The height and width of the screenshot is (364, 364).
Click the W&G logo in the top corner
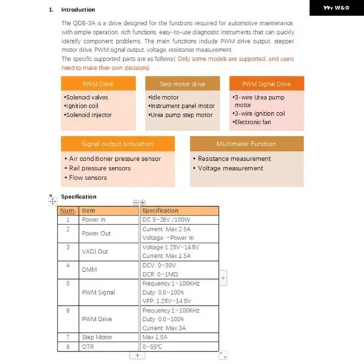pos(336,8)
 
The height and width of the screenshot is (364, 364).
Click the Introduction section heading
pos(78,10)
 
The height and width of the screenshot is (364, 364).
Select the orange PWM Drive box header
pos(98,84)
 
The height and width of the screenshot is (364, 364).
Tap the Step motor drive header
pos(182,84)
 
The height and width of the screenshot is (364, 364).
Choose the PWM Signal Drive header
pos(266,84)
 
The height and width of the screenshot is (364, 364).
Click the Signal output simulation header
pos(118,144)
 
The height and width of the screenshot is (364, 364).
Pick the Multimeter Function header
pos(246,144)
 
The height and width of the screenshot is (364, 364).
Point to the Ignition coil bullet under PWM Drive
pos(81,106)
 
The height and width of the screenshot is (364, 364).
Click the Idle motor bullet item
pos(164,97)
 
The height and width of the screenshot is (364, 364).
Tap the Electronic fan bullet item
pos(252,123)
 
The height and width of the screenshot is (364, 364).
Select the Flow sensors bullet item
pos(87,178)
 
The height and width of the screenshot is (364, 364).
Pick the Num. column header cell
pos(68,211)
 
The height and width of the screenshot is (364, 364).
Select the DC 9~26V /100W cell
pos(167,220)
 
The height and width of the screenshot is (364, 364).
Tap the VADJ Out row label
pos(95,251)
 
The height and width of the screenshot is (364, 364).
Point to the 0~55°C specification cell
pos(152,346)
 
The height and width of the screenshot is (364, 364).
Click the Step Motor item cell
pos(97,337)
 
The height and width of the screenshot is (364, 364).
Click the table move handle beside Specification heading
pos(52,200)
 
